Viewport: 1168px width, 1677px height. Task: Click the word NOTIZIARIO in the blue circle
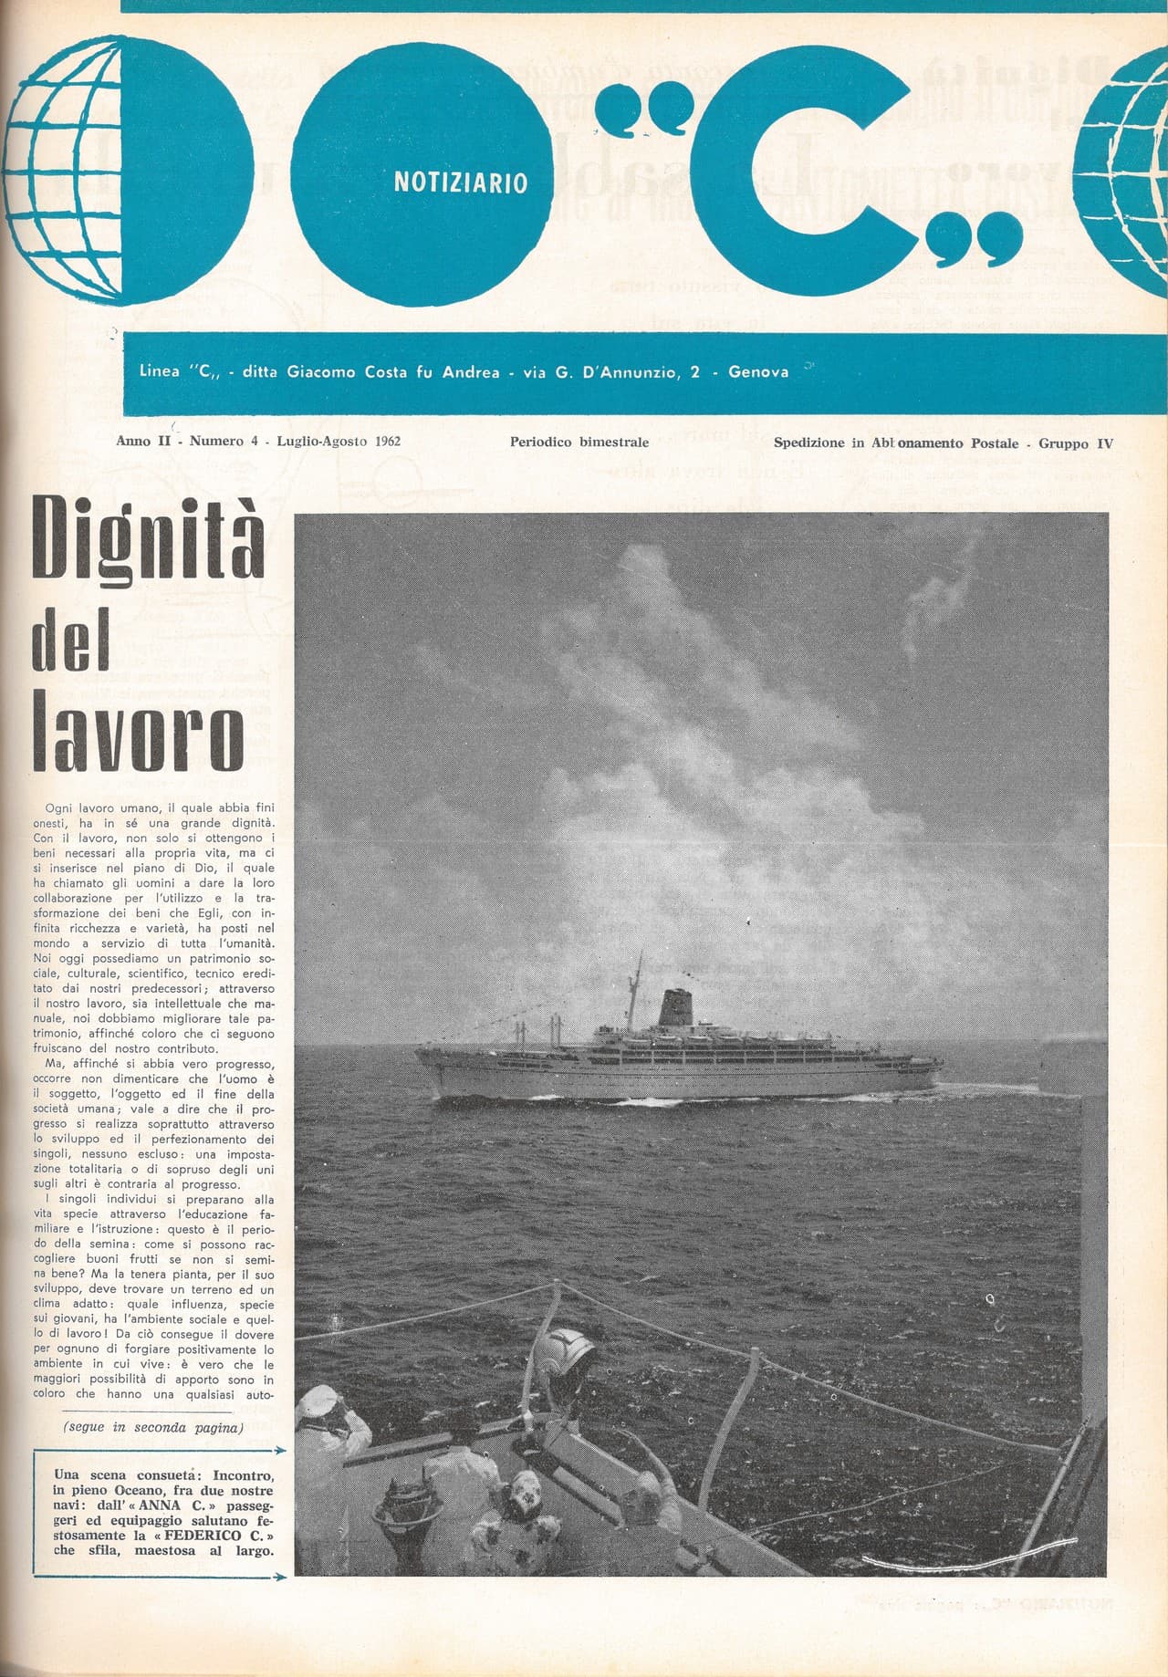click(x=460, y=182)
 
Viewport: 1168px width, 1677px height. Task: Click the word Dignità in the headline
click(x=149, y=540)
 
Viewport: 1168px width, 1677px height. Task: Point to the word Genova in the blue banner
click(x=758, y=372)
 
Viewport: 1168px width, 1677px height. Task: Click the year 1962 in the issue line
click(x=386, y=442)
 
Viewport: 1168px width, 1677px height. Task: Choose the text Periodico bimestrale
click(x=579, y=443)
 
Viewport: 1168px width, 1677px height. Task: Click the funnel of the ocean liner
click(x=676, y=1007)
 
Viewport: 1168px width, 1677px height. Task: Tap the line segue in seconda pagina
click(x=153, y=1428)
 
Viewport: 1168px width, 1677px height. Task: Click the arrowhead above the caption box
click(x=281, y=1450)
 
